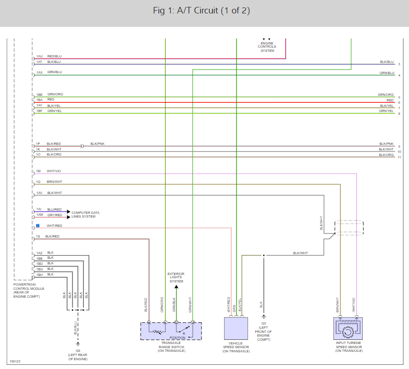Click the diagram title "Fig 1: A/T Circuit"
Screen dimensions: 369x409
(201, 11)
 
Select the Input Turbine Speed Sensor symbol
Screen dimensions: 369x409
(348, 328)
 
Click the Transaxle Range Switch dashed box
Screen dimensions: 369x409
(171, 331)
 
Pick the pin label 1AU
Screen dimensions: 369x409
(39, 56)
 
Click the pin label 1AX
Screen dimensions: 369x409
(39, 73)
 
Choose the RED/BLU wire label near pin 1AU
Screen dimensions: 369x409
(54, 56)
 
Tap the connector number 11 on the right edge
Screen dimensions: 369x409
(399, 157)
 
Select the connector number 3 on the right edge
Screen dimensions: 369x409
(399, 64)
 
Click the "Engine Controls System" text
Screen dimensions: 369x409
(267, 47)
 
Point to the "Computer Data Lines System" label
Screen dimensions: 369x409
(85, 215)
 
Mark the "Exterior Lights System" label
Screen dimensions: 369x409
(176, 278)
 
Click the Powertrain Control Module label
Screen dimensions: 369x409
(29, 290)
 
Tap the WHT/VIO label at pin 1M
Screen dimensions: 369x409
(54, 171)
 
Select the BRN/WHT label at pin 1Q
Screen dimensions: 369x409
(54, 182)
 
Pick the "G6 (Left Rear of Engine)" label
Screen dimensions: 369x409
(78, 355)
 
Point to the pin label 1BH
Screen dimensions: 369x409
(39, 275)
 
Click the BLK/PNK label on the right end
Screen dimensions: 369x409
(386, 144)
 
